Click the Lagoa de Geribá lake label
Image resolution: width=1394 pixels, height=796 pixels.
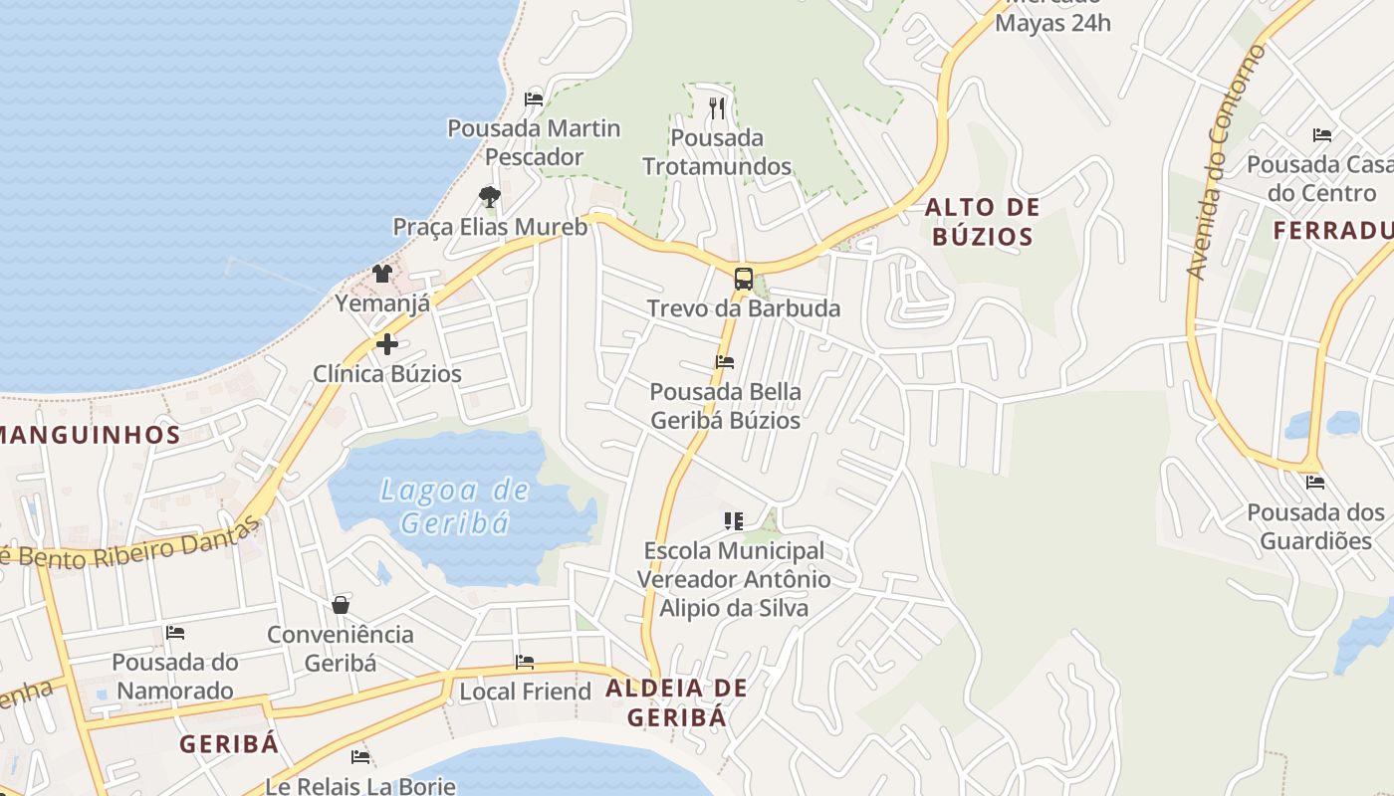pos(455,506)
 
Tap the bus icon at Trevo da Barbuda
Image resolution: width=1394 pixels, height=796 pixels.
pos(744,279)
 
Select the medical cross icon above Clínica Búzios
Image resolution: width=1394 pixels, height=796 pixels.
pos(386,345)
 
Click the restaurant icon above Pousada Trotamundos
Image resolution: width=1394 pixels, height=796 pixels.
pos(717,107)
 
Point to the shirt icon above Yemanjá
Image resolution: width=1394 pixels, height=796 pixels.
pos(382,273)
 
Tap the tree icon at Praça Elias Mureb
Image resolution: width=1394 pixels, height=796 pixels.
pos(489,196)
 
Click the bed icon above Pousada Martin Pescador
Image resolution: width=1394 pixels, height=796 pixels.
pos(534,99)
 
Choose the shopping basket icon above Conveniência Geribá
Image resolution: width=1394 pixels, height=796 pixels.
pos(341,605)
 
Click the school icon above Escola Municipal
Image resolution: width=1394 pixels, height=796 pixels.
pos(734,520)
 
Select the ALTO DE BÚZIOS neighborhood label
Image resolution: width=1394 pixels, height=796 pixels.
pos(982,222)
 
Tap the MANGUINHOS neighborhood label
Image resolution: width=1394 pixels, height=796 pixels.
pos(90,434)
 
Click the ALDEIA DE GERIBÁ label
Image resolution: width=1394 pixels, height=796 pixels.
pos(676,702)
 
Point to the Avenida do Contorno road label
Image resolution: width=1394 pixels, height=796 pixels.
pos(1225,161)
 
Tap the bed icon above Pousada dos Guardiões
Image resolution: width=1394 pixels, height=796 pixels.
pos(1315,484)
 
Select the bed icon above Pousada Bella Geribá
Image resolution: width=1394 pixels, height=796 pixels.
pos(725,362)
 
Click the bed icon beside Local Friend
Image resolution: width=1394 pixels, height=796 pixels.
pos(525,663)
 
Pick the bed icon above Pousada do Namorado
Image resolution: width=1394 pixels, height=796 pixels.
pos(175,633)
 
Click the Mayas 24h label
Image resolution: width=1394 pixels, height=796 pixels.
pos(1053,22)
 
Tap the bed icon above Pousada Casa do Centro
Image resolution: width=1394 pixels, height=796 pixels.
pos(1322,135)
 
